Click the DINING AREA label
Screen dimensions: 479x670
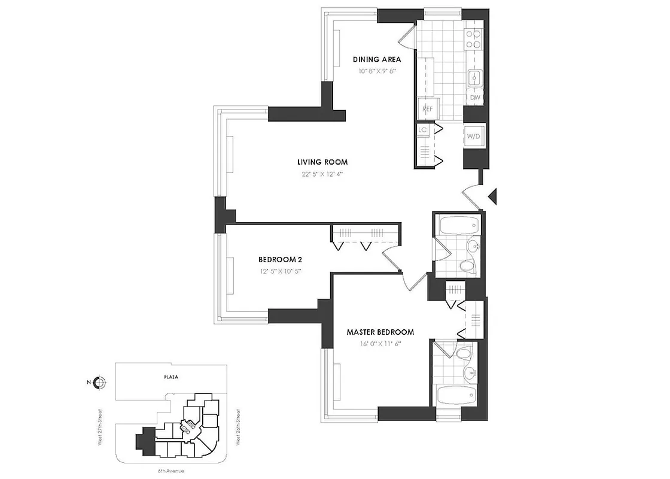click(x=376, y=59)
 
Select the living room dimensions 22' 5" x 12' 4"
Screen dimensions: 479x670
click(x=322, y=174)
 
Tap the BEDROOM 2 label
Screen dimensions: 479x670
click(x=280, y=260)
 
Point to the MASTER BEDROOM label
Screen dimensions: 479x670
click(x=380, y=332)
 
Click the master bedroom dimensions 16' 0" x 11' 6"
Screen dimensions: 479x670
click(x=380, y=344)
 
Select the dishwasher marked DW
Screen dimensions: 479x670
click(x=475, y=98)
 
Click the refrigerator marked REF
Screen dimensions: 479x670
click(x=428, y=109)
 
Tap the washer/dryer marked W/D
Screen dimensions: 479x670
click(x=473, y=137)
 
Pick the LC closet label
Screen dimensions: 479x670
click(x=422, y=130)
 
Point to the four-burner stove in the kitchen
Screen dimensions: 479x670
click(x=473, y=39)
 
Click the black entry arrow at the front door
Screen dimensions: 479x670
click(x=493, y=196)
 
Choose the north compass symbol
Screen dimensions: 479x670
click(x=100, y=383)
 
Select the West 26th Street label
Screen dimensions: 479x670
click(x=238, y=427)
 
